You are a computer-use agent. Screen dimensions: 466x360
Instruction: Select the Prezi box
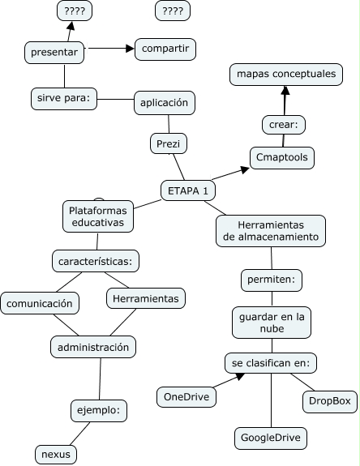coord(169,144)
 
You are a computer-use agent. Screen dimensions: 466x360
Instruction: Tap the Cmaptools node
coord(281,157)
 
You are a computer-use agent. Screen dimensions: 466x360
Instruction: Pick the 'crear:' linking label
coord(283,124)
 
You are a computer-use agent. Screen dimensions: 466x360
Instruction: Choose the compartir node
coord(165,49)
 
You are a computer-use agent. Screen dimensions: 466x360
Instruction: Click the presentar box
coord(54,53)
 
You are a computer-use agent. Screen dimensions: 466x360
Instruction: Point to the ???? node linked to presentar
coord(75,11)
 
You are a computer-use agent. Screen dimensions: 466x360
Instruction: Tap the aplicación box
coord(165,102)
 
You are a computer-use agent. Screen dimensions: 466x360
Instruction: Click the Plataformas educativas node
coord(96,215)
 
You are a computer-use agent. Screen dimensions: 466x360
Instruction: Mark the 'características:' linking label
coord(96,261)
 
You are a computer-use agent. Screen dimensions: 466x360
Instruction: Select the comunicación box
coord(41,303)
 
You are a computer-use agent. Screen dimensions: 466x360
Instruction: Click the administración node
coord(93,347)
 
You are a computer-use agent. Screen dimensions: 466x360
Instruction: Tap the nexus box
coord(56,455)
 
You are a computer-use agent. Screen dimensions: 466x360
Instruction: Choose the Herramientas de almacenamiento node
coord(272,230)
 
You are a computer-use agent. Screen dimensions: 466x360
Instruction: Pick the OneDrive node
coord(186,396)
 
